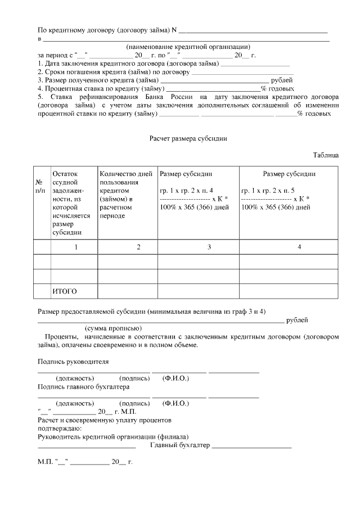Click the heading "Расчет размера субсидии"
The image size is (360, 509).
(x=188, y=138)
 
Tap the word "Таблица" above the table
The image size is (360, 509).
(x=326, y=155)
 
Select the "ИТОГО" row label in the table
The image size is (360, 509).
(x=64, y=291)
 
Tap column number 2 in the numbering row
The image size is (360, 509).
(x=138, y=247)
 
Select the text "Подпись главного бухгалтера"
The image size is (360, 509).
(x=83, y=387)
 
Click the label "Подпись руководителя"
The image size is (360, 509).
(x=73, y=362)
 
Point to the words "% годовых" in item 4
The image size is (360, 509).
(x=277, y=89)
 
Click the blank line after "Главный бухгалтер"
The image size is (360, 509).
(x=252, y=447)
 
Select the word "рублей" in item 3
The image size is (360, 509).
(x=282, y=80)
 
